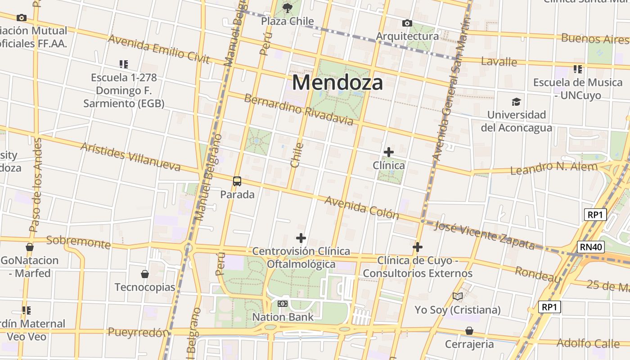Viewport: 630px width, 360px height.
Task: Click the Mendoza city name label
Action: [337, 83]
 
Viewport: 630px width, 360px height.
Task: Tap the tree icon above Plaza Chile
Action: [287, 8]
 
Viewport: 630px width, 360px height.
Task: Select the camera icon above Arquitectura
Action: [407, 23]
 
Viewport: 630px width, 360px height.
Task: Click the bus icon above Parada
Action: [237, 181]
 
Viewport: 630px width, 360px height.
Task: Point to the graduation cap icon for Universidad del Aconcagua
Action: [516, 102]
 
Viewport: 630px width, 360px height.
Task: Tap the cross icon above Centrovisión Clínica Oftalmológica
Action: [301, 238]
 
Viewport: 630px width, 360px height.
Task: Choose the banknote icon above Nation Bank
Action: [283, 304]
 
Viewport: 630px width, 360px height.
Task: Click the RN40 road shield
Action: [590, 247]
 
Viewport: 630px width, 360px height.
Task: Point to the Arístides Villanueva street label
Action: [130, 157]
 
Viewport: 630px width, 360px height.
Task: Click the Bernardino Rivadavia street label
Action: [299, 109]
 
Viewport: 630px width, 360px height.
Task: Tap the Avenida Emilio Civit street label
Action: [159, 49]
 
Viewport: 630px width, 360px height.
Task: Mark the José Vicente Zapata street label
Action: [484, 235]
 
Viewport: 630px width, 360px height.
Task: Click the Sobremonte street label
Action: [78, 242]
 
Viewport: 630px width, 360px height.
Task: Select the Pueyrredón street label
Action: [139, 333]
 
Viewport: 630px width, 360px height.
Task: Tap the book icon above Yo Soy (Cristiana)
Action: [458, 296]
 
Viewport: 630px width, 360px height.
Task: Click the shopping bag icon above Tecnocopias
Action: [145, 274]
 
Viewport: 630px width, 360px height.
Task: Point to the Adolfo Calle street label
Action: [588, 343]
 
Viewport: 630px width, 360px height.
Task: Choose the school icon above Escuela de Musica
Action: [578, 69]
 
